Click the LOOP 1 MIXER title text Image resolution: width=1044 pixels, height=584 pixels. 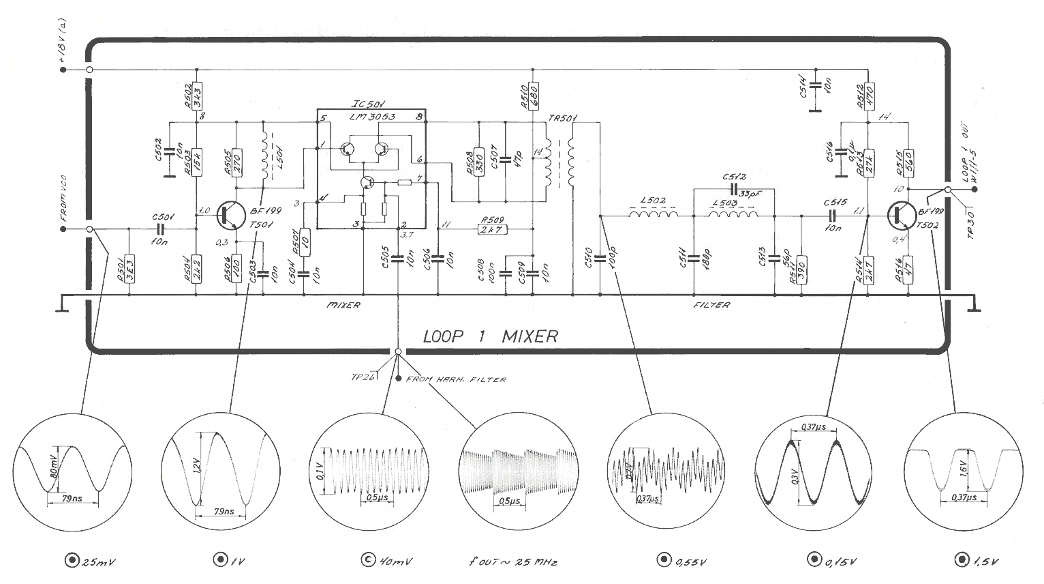[490, 336]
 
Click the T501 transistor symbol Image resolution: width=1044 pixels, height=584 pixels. [229, 216]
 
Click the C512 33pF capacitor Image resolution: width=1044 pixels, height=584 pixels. [735, 188]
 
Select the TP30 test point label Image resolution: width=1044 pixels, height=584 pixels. [972, 222]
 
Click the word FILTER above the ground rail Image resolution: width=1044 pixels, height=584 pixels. [711, 304]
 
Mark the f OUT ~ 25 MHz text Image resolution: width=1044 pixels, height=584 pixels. [513, 561]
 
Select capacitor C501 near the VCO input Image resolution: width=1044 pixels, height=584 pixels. [162, 229]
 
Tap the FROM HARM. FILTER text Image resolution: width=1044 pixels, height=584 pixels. [456, 379]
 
